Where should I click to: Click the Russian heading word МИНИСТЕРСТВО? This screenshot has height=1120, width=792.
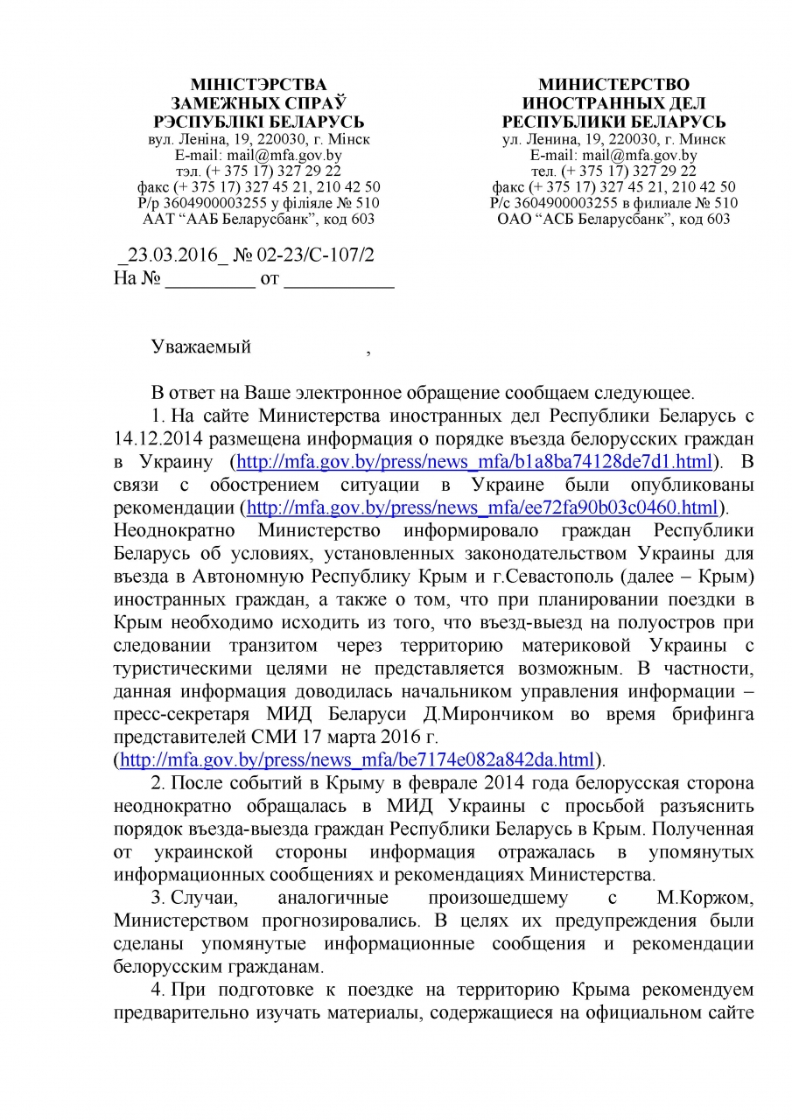[x=613, y=85]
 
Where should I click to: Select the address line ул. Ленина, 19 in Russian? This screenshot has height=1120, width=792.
[x=613, y=139]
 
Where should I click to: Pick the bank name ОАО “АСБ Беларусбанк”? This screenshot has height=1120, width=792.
[x=613, y=219]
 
